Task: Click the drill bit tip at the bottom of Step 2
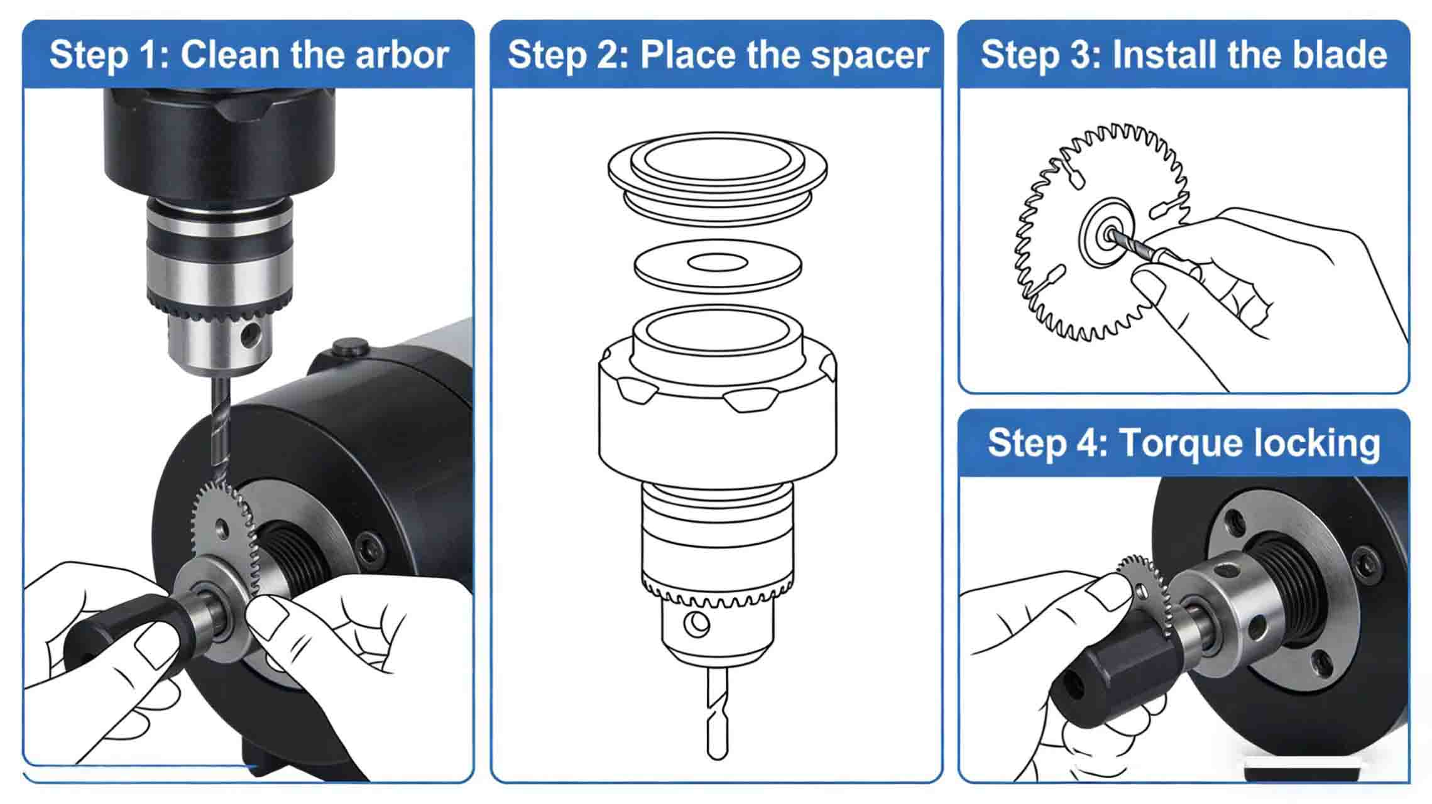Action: pyautogui.click(x=717, y=754)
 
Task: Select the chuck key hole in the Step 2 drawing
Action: pyautogui.click(x=696, y=624)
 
